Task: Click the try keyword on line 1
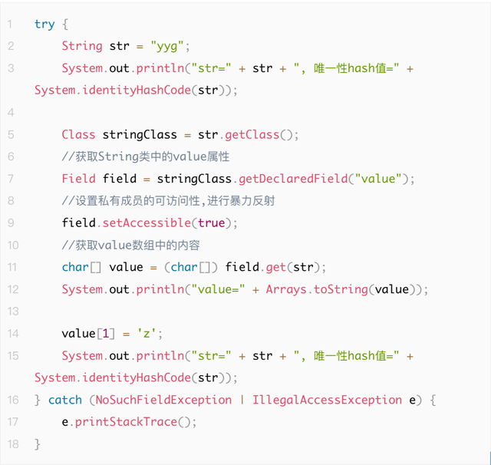[44, 24]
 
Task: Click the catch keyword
[65, 400]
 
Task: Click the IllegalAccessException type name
[327, 400]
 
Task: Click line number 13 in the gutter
[12, 312]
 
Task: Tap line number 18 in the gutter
[12, 444]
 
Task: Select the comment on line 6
[146, 157]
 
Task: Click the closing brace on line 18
[38, 444]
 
